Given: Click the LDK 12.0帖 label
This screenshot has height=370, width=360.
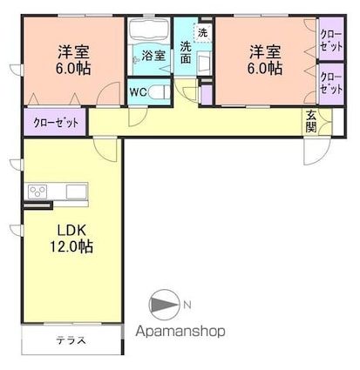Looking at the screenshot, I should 69,238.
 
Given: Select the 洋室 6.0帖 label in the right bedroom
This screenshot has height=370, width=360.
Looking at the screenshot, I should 263,59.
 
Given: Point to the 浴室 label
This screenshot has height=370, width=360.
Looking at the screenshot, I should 153,55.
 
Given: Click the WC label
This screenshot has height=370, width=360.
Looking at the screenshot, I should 138,90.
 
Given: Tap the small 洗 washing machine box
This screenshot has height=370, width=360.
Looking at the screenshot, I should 203,32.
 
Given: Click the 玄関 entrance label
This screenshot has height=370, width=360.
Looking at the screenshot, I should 310,120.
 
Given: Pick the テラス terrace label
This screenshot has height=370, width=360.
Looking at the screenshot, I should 71,340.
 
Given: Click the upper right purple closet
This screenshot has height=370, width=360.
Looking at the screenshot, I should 331,40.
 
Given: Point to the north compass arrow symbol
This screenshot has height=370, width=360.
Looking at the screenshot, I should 163,304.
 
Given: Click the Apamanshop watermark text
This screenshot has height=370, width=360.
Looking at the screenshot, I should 180,331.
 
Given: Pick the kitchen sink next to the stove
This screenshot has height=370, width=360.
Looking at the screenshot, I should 71,191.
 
